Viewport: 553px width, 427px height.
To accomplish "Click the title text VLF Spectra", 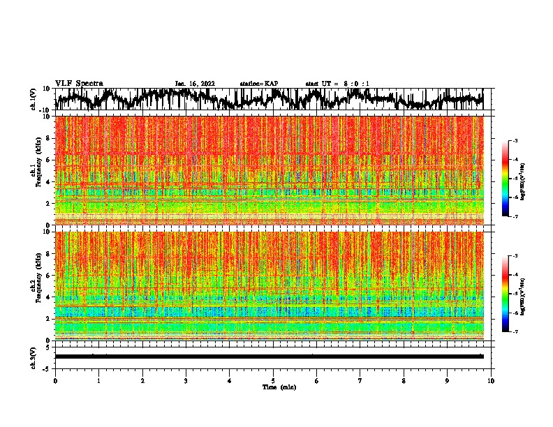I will coord(79,84).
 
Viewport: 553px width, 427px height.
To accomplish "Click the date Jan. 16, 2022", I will coord(195,84).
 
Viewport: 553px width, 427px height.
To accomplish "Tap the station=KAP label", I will coord(258,84).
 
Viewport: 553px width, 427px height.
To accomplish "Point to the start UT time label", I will coord(337,84).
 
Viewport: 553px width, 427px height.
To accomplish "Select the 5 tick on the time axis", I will coord(273,381).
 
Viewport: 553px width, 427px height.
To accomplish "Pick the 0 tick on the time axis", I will coord(55,381).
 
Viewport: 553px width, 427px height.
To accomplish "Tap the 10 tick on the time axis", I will coord(491,381).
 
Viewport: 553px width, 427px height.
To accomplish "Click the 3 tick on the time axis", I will coord(186,381).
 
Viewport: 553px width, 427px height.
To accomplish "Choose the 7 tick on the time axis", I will coord(360,381).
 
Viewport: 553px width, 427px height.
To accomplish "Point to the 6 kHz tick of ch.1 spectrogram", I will coord(48,160).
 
